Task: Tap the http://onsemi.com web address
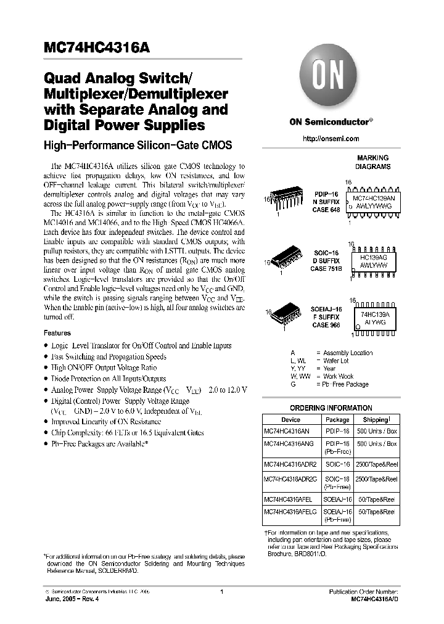[x=331, y=139]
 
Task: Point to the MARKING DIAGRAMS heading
[x=372, y=162]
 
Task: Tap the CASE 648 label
[x=326, y=210]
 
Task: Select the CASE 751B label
[x=327, y=269]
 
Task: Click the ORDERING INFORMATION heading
[x=331, y=408]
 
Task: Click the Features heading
[x=57, y=333]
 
